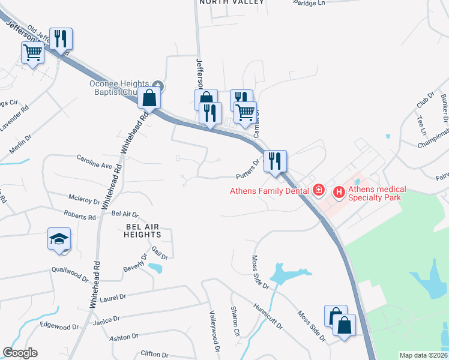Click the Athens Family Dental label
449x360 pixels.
pyautogui.click(x=270, y=191)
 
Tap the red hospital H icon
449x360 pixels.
pyautogui.click(x=339, y=192)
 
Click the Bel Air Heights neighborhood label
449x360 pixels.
pyautogui.click(x=144, y=230)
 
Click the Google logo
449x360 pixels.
pyautogui.click(x=20, y=353)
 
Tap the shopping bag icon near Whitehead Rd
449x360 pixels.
pyautogui.click(x=149, y=98)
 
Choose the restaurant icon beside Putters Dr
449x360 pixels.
pyautogui.click(x=276, y=161)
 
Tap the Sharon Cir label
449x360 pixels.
pyautogui.click(x=235, y=321)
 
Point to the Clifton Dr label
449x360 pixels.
pyautogui.click(x=153, y=354)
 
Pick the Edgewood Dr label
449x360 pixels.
pyautogui.click(x=59, y=326)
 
